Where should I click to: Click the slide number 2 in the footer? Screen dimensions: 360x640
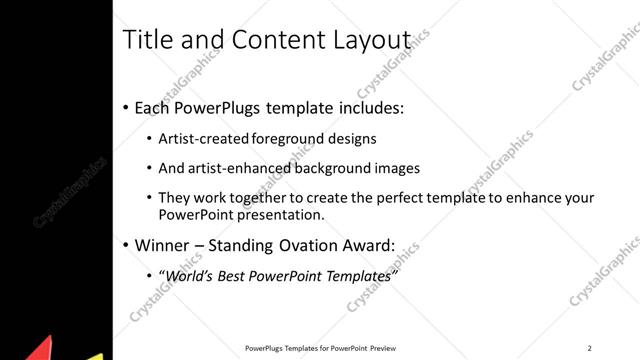tap(589, 348)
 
